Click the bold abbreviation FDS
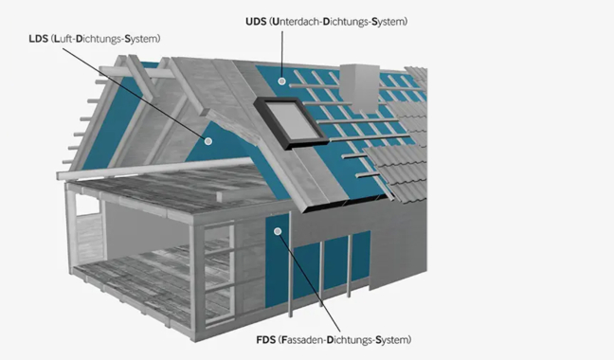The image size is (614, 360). (267, 338)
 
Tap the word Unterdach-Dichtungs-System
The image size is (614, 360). (342, 21)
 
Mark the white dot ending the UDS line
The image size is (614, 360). (281, 82)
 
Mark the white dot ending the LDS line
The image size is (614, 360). (205, 139)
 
